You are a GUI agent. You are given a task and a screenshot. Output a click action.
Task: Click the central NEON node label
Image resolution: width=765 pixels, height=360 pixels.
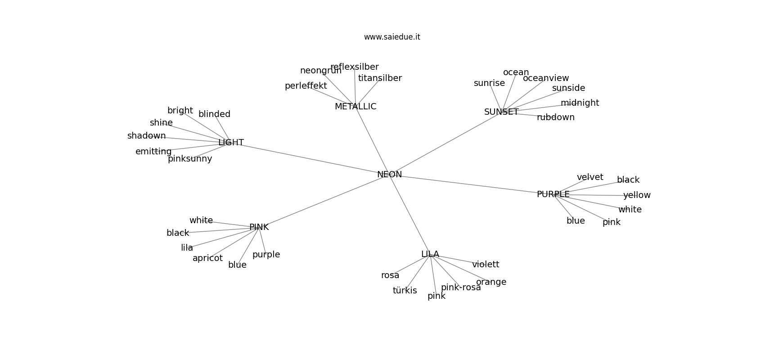[x=389, y=175]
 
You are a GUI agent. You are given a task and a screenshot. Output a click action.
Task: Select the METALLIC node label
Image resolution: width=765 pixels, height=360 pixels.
[x=355, y=107]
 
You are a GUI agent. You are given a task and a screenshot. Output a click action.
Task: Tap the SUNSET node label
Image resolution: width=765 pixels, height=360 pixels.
[x=501, y=112]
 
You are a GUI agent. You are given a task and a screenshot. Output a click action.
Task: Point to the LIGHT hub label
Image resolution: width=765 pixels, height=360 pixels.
[x=231, y=143]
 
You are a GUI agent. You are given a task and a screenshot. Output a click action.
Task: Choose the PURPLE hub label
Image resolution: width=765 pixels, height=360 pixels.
[x=553, y=194]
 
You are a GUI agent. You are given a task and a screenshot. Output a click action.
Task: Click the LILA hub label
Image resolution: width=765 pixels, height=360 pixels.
[x=430, y=254]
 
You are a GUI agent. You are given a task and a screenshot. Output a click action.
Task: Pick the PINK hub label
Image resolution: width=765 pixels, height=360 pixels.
[x=259, y=228]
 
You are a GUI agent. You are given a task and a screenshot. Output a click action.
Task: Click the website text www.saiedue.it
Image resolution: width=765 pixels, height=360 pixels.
[x=392, y=37]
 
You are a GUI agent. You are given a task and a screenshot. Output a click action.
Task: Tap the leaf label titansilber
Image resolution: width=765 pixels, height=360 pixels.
[x=380, y=78]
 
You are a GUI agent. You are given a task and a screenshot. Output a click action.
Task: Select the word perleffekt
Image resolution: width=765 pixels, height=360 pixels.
[x=306, y=86]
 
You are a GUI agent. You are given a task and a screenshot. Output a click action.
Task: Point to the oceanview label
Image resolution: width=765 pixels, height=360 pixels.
[x=546, y=78]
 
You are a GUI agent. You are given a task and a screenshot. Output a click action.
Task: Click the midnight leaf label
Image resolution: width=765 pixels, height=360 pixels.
[x=580, y=103]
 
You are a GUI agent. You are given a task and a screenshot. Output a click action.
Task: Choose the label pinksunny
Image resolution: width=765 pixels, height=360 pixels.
[x=190, y=159]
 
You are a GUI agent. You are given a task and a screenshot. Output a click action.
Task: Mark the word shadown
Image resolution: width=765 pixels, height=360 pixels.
[x=146, y=136]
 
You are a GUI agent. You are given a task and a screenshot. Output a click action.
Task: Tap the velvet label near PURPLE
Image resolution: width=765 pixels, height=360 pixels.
[x=590, y=177]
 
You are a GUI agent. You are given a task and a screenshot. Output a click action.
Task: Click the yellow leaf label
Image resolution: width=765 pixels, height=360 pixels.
[x=637, y=195]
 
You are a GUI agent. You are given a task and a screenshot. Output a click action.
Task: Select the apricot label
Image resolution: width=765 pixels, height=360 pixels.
[x=207, y=258]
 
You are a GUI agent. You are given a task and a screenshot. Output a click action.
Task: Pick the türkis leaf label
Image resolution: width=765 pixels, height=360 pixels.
[x=405, y=291]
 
